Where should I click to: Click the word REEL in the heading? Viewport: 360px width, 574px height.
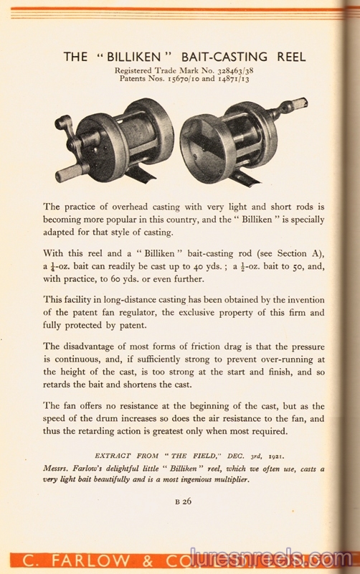pyautogui.click(x=288, y=57)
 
